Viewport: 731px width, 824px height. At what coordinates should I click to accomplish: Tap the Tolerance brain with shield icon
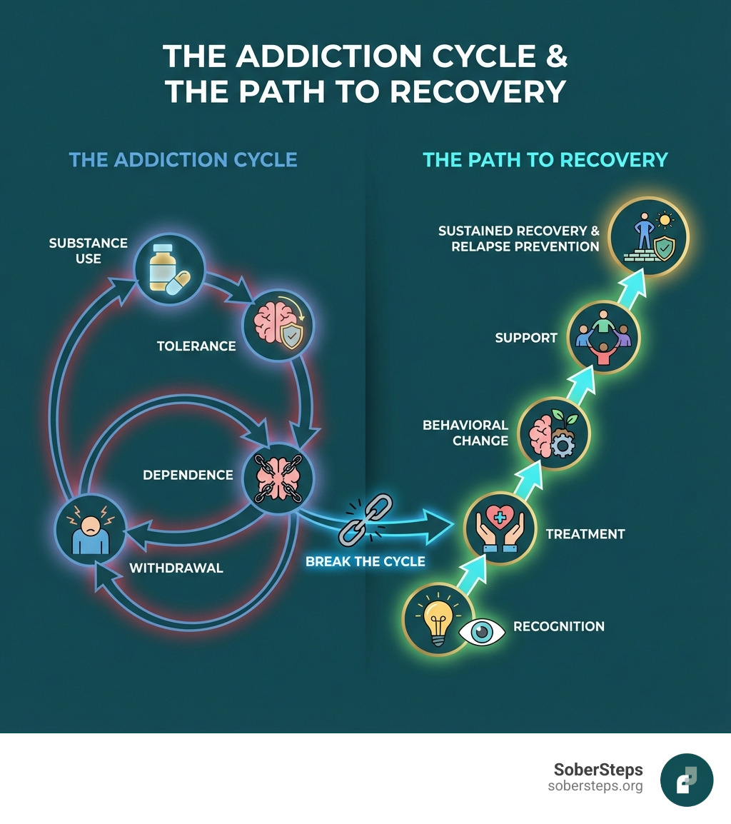click(x=278, y=326)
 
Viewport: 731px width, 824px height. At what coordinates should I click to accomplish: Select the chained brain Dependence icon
click(x=278, y=476)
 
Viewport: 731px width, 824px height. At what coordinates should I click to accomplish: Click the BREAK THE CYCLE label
click(x=365, y=561)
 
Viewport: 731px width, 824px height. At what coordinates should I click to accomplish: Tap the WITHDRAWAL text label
click(x=176, y=568)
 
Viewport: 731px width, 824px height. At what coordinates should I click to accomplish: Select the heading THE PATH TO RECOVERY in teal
click(x=545, y=159)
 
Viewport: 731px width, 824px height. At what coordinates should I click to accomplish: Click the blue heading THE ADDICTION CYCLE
click(x=183, y=159)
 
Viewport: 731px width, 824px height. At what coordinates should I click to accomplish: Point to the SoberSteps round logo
click(x=686, y=779)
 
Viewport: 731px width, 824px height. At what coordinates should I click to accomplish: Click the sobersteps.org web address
click(x=595, y=786)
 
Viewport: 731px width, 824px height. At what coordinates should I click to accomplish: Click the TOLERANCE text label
click(x=196, y=346)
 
